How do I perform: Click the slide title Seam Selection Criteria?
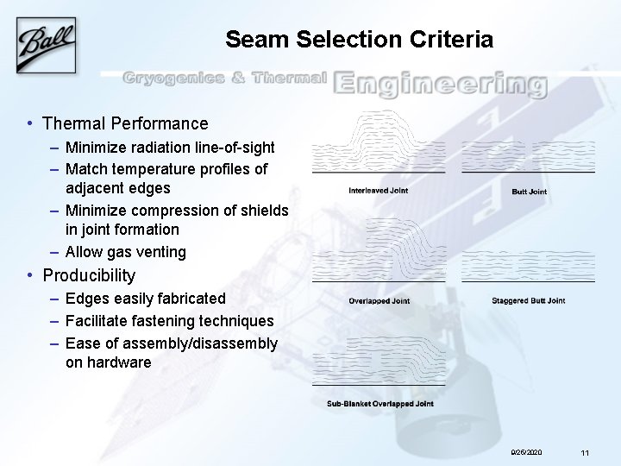click(x=359, y=40)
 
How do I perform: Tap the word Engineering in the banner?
click(x=440, y=83)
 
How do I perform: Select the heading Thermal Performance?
click(x=125, y=124)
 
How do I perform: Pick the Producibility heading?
click(x=89, y=276)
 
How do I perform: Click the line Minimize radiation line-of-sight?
click(x=170, y=147)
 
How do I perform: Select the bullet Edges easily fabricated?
click(x=145, y=299)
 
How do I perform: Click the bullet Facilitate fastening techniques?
click(x=169, y=321)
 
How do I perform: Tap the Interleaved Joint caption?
click(x=378, y=190)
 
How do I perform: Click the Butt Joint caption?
click(x=529, y=192)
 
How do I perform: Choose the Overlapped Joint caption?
click(x=379, y=301)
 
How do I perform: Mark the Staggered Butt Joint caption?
click(x=528, y=301)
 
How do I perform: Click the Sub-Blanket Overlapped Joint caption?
click(x=379, y=404)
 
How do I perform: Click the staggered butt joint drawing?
click(x=528, y=263)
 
